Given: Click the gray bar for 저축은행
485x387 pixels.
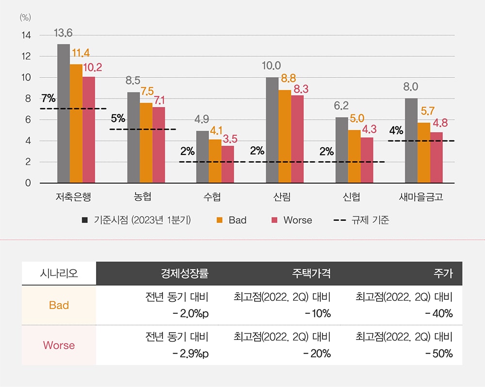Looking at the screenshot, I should click(x=64, y=114).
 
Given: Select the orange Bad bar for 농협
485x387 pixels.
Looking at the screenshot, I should click(x=146, y=143).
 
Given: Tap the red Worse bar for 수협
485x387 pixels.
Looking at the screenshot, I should click(x=228, y=165).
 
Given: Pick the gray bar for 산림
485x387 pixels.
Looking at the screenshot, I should click(x=272, y=130).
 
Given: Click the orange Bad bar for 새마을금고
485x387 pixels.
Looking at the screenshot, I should click(x=424, y=153).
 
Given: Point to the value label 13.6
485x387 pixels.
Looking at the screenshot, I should click(x=64, y=33).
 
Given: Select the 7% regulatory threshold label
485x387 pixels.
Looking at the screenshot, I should click(x=48, y=99).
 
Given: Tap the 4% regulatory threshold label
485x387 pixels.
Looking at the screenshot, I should click(x=396, y=131).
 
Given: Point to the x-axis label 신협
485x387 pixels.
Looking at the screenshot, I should click(x=352, y=197).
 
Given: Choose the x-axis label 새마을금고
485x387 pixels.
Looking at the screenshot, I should click(x=421, y=197).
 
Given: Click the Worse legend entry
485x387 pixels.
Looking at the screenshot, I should click(x=297, y=220).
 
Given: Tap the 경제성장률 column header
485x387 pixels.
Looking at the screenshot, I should click(x=184, y=274).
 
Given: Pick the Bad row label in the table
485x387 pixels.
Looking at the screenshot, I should click(x=59, y=305).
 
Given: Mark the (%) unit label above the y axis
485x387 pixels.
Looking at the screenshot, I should click(x=25, y=17).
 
